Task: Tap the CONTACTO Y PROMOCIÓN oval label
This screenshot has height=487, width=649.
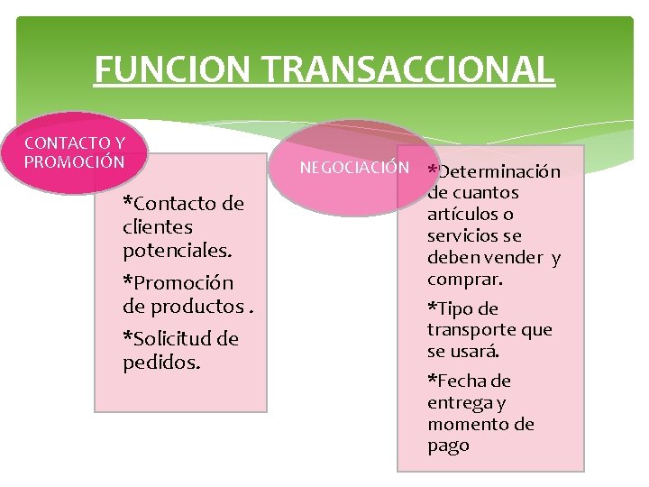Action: tap(75, 152)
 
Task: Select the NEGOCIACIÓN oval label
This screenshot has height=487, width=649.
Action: tap(354, 168)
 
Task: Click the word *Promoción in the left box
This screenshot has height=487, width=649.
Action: tap(178, 283)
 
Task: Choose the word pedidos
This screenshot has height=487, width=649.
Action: tap(161, 362)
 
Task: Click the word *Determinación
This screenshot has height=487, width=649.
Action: tap(494, 171)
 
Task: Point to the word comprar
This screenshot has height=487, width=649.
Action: tap(464, 280)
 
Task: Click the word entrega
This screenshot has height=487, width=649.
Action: tap(458, 402)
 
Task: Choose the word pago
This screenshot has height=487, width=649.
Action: tap(448, 446)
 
